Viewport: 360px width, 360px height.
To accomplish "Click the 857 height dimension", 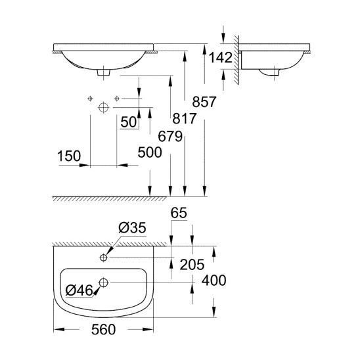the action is click(x=204, y=102).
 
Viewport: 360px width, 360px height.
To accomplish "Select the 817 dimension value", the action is click(x=185, y=118).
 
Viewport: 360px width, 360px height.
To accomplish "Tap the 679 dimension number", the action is click(x=170, y=137).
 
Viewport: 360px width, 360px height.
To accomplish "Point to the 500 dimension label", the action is click(x=150, y=152).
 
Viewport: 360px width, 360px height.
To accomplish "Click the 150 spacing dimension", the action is click(x=69, y=156).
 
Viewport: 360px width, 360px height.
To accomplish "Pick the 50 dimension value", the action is click(x=129, y=122).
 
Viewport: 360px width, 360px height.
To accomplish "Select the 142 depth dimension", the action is click(x=221, y=57).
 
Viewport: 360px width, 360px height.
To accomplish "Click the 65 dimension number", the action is click(x=179, y=213).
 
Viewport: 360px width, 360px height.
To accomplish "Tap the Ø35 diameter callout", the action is click(x=132, y=228).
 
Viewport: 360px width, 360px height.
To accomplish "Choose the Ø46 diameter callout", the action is click(x=79, y=290).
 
